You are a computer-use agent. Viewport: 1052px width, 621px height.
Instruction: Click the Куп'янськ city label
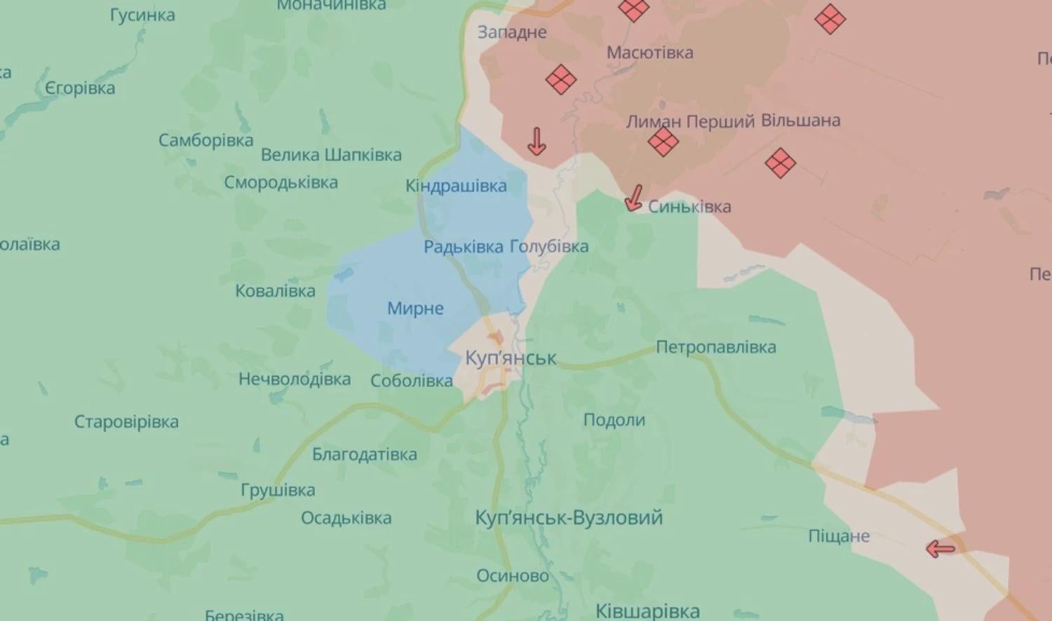511,358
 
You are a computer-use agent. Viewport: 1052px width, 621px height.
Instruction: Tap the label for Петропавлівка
716,347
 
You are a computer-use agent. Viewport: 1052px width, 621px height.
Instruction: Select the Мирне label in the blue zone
415,308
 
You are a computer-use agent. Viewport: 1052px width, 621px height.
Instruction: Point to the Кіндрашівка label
456,186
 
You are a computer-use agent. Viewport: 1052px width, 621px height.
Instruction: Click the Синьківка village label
689,207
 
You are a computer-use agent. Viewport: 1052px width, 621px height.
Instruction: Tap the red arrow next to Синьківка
634,198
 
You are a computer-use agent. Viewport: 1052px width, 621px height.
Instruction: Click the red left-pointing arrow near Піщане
940,549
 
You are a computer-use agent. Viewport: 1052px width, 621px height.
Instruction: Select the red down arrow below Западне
537,141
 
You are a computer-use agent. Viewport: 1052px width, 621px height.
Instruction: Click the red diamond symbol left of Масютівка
561,79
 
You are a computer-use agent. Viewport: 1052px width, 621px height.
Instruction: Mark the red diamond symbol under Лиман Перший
663,142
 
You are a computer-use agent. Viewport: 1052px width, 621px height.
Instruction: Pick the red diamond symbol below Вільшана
780,163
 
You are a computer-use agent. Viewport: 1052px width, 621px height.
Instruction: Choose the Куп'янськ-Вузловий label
569,518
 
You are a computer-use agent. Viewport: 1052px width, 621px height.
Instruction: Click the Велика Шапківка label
331,155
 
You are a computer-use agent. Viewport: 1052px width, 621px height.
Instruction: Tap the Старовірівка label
126,422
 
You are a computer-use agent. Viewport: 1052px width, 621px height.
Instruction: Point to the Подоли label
614,420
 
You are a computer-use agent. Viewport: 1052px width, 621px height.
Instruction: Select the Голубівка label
549,247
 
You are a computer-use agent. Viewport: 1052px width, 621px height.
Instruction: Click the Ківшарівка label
647,610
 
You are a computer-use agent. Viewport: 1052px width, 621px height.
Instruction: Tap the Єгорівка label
80,88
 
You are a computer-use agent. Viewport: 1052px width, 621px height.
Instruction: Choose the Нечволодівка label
295,379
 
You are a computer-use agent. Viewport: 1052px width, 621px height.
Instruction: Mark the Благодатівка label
365,455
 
